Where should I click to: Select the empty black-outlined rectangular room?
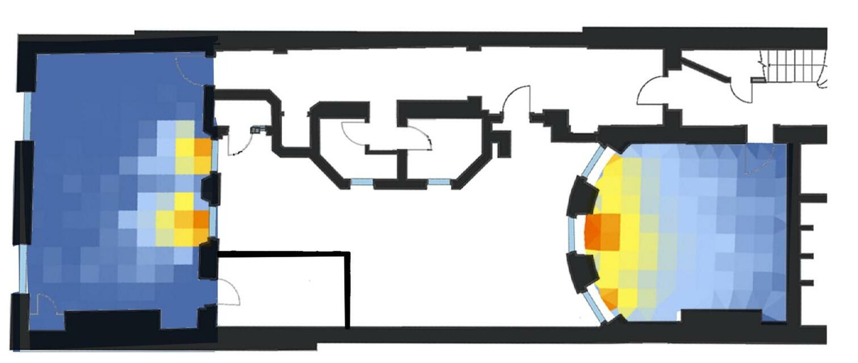point(283,289)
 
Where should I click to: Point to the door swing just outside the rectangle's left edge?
point(230,292)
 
